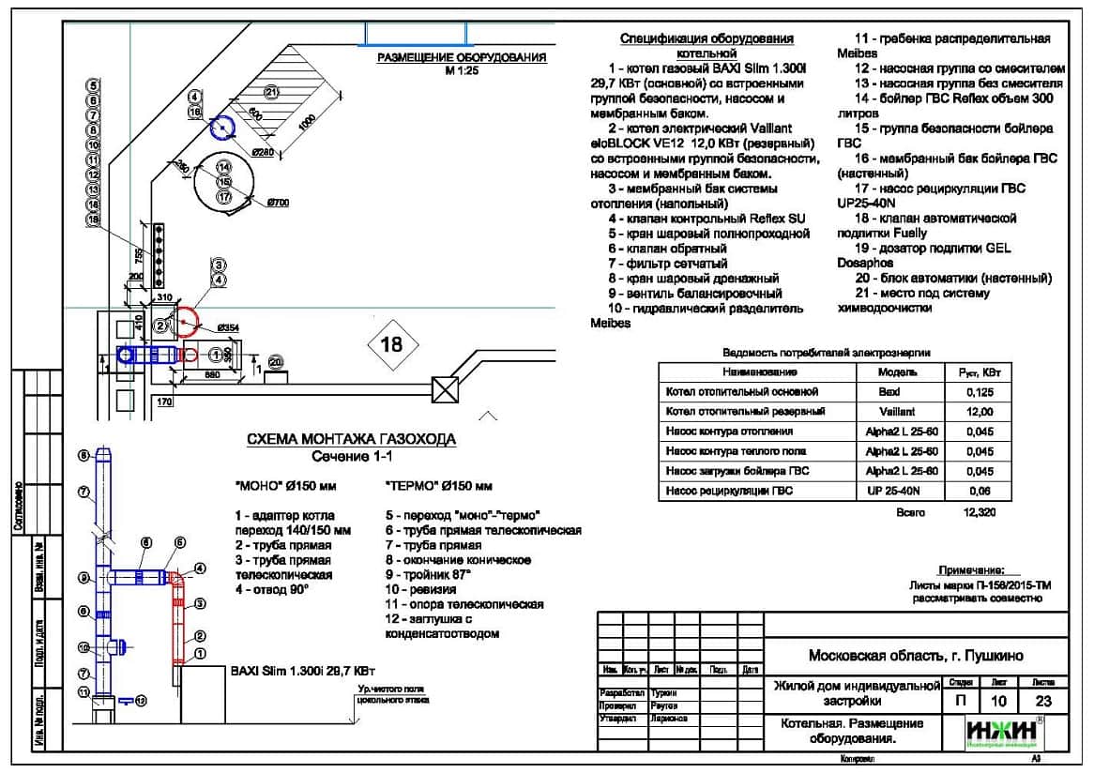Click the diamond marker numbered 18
point(390,344)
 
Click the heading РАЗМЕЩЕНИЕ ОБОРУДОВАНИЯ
point(461,58)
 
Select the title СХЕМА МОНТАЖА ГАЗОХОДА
point(351,439)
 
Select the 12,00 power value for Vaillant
point(979,411)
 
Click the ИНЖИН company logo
point(1003,731)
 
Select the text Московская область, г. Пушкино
point(916,655)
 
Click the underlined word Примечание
point(971,570)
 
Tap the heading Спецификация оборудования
point(707,39)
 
